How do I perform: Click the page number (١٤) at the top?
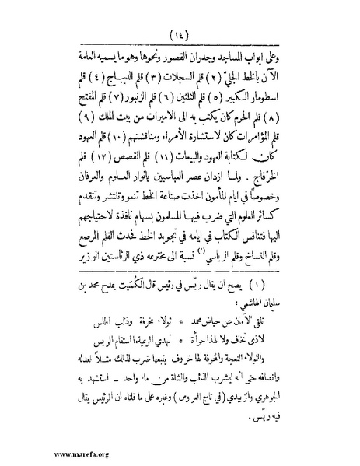point(180,33)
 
